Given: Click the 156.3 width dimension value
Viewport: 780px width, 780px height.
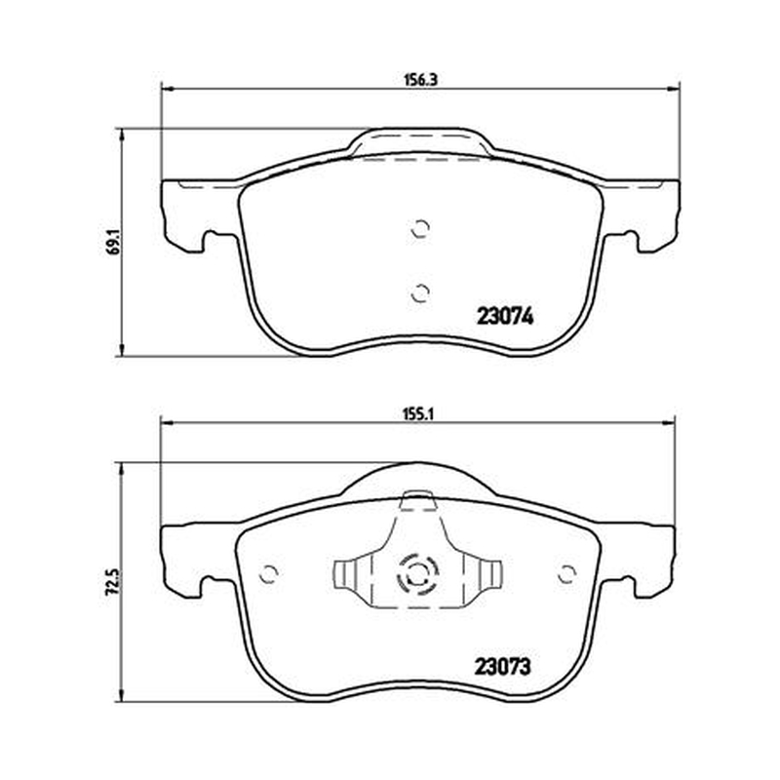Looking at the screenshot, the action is click(x=420, y=79).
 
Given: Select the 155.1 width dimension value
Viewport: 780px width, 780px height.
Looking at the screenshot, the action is click(x=418, y=413).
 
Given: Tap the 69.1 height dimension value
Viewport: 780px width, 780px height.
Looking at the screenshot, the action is click(x=113, y=242).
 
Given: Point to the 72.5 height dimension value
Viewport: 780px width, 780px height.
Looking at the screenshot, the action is click(x=113, y=582).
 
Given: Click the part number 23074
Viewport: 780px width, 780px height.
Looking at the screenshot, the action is click(x=505, y=315).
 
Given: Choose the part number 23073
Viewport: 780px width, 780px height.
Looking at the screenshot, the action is click(x=502, y=666).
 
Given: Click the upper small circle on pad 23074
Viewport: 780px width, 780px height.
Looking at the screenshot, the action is click(x=421, y=228).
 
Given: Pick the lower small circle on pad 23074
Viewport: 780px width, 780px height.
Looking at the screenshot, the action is click(x=420, y=293).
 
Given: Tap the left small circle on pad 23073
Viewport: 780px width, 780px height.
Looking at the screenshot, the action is click(x=269, y=574).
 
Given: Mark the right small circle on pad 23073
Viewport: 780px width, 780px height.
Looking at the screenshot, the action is click(x=567, y=574).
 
